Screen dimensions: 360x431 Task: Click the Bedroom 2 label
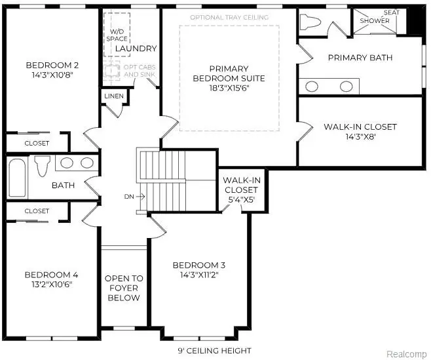coord(52,65)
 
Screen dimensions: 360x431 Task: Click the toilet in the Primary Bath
coord(310,22)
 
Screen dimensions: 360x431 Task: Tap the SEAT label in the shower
coord(392,12)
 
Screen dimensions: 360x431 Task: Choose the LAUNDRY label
coord(136,49)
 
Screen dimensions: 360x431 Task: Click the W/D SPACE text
coord(118,35)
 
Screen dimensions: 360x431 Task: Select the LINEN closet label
coord(112,97)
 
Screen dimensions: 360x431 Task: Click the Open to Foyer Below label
coord(123,288)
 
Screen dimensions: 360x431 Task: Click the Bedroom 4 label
coord(51,274)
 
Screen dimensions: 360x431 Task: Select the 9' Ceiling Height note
coord(215,350)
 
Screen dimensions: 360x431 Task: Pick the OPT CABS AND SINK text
coord(140,70)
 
